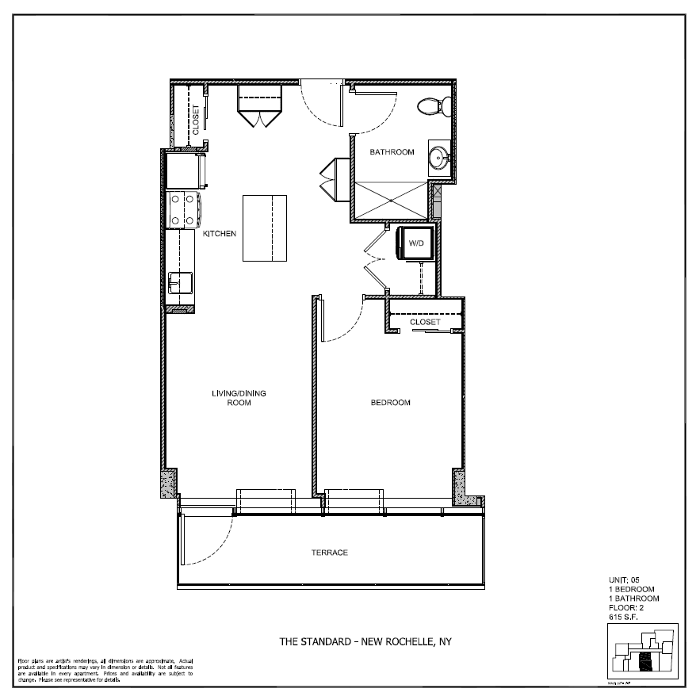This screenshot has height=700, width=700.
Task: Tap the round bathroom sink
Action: pyautogui.click(x=438, y=157)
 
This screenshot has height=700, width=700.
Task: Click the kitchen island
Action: pyautogui.click(x=264, y=228)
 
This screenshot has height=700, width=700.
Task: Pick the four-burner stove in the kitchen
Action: pyautogui.click(x=184, y=210)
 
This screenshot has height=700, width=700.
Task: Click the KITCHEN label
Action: pyautogui.click(x=220, y=235)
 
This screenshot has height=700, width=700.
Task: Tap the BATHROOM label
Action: pyautogui.click(x=392, y=152)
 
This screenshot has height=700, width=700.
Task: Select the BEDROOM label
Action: pyautogui.click(x=391, y=403)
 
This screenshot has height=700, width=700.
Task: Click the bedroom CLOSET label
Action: pyautogui.click(x=425, y=323)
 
